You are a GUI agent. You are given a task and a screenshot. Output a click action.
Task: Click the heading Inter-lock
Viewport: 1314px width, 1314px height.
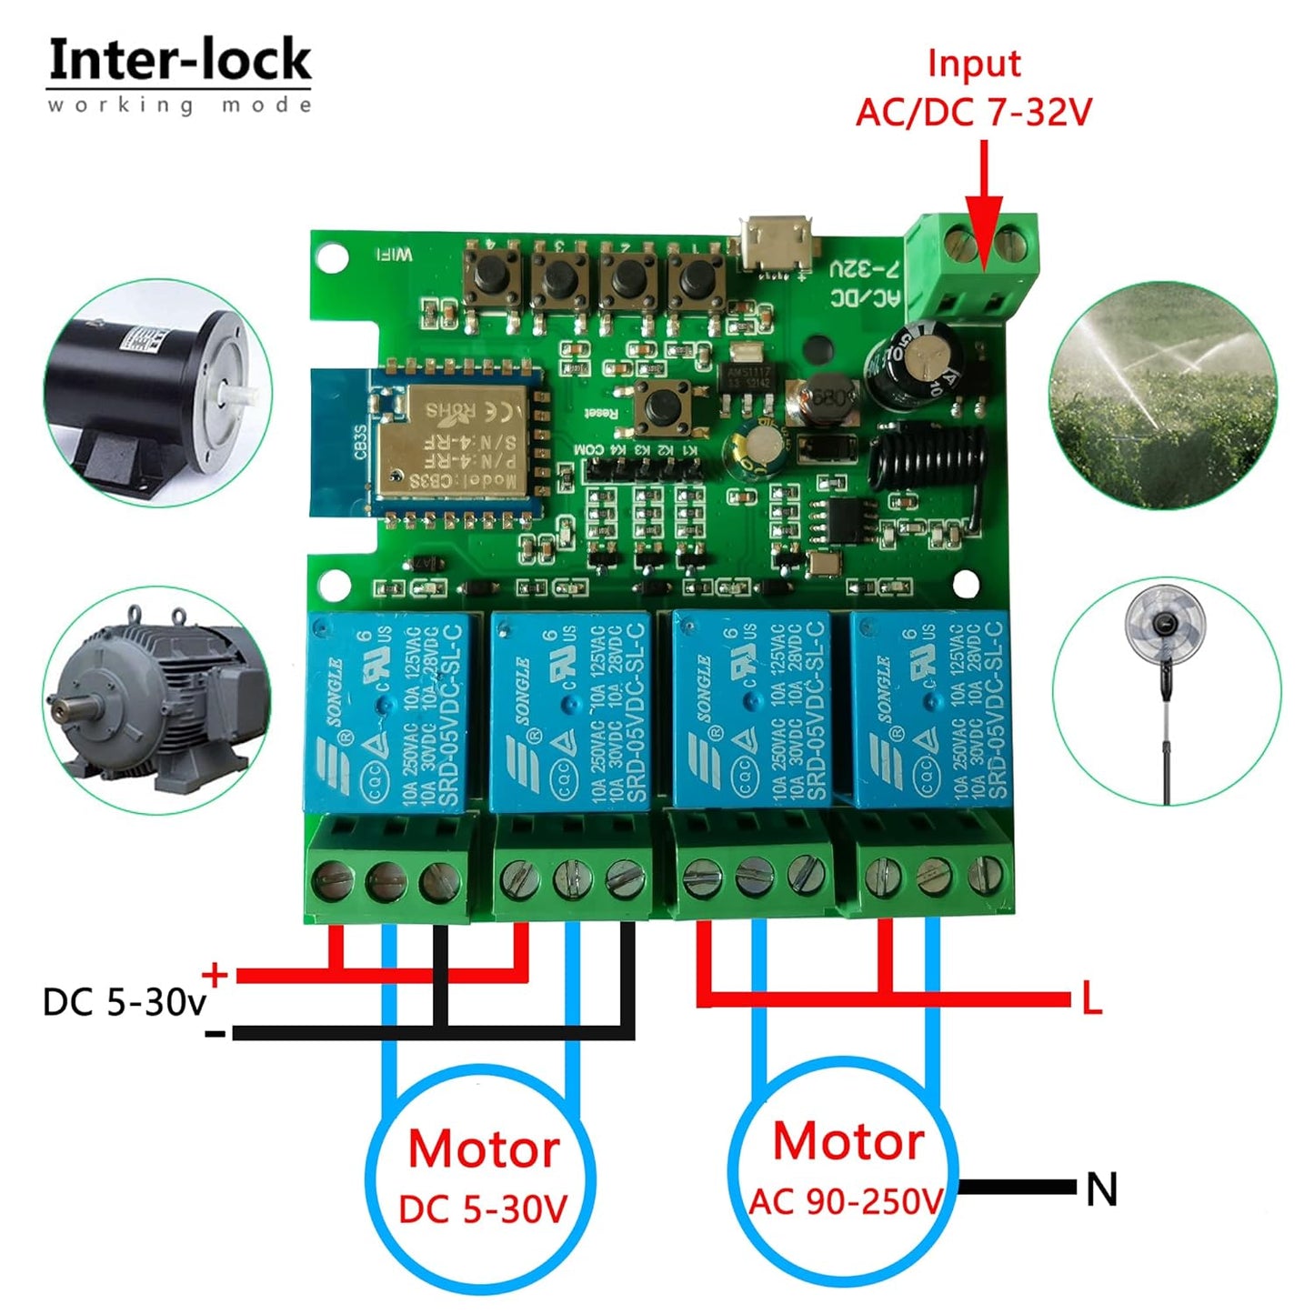coord(179,61)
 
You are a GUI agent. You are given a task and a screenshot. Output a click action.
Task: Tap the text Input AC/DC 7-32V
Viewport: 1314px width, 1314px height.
coord(973,88)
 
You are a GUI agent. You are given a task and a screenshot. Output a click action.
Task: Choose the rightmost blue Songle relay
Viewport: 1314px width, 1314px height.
coord(928,709)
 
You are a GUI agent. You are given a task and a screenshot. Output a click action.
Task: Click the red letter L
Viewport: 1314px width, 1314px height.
coord(1091,999)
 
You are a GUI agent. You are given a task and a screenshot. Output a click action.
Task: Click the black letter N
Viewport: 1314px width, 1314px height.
coord(1101,1189)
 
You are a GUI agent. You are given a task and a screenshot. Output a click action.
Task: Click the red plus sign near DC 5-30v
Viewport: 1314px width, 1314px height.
coord(215,975)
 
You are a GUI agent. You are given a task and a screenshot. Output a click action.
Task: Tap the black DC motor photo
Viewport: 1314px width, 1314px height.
coord(157,393)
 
